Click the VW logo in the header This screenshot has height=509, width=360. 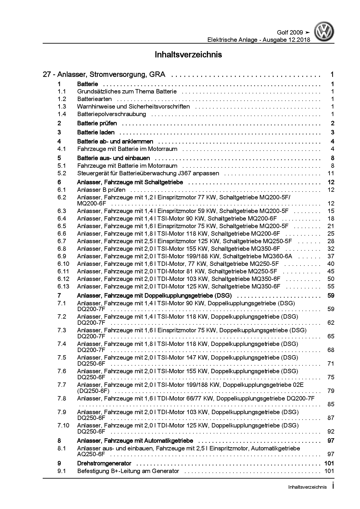coord(325,33)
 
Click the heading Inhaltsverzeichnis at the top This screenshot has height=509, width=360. coord(188,55)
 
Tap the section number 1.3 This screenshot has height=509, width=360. coord(62,107)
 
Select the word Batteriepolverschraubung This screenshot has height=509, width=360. coord(111,114)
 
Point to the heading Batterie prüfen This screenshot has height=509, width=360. coord(97,123)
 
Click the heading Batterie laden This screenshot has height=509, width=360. coord(96,132)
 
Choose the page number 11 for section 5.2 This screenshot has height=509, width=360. coord(331,173)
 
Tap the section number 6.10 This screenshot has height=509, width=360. coord(63,264)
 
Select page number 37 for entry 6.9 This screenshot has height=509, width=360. coord(331,256)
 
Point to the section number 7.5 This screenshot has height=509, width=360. coord(62,358)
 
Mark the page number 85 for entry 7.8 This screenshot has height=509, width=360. coord(331,404)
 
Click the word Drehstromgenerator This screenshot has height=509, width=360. coord(104,463)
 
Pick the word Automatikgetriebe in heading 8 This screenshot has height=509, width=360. coord(167,441)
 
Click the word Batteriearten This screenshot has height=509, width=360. coord(94,99)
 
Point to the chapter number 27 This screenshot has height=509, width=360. coord(46,75)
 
